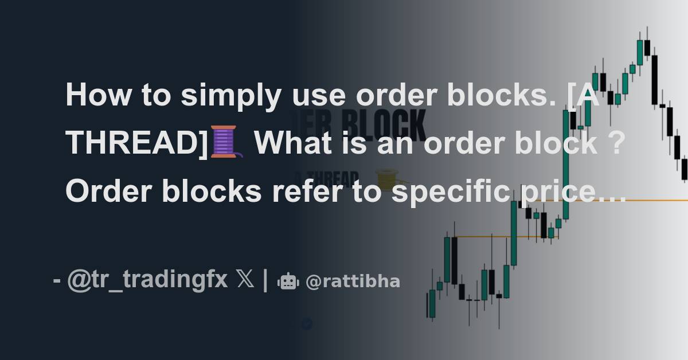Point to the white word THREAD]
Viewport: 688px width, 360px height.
[x=136, y=142]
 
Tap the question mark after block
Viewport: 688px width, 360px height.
[x=615, y=142]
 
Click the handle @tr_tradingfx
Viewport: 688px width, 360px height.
[x=147, y=281]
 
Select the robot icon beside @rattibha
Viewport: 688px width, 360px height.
[x=287, y=281]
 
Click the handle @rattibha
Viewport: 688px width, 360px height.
[x=353, y=281]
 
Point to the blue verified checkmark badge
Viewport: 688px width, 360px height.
[x=307, y=324]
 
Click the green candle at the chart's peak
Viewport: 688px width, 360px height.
[x=640, y=53]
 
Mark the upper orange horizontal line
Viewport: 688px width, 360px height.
[x=631, y=200]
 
